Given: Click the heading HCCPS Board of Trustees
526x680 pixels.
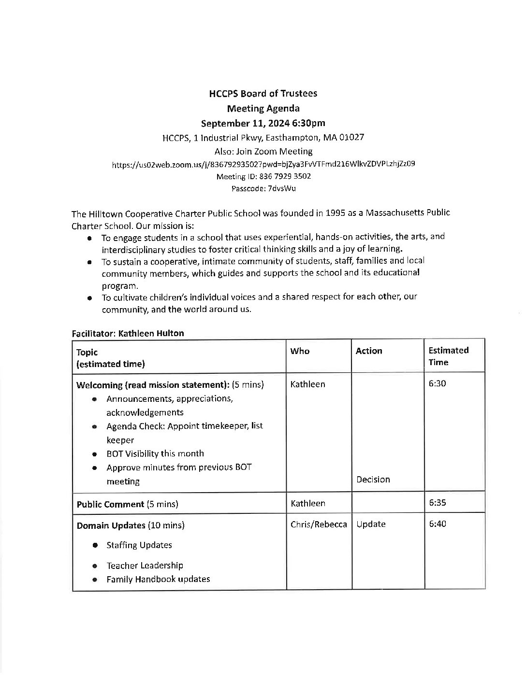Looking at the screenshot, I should pos(263,94).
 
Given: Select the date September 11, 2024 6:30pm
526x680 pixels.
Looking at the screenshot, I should pos(263,123).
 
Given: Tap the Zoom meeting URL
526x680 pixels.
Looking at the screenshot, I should pos(263,164).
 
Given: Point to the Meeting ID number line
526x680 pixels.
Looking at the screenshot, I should pos(263,176).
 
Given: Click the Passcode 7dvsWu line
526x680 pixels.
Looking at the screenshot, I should pos(263,188).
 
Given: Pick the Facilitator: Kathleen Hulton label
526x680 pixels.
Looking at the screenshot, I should pos(128,333).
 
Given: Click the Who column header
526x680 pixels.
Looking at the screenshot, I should pos(300,351).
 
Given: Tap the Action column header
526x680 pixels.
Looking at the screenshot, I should pos(369,351).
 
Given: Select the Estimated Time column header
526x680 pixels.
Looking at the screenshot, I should pos(448,356).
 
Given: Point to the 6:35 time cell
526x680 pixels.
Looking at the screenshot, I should pos(438,502).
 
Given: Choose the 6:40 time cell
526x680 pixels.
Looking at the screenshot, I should pos(438,524).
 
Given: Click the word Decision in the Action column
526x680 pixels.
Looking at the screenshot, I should pos(373,480).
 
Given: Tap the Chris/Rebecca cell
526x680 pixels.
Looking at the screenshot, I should pos(319,524).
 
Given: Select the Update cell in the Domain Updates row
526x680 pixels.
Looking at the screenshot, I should pos(371,524).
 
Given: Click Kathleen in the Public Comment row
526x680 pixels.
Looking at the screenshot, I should pos(308,503).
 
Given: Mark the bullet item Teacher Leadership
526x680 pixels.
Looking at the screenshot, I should pos(145,566).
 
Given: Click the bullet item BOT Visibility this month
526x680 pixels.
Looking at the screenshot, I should pos(155,453).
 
